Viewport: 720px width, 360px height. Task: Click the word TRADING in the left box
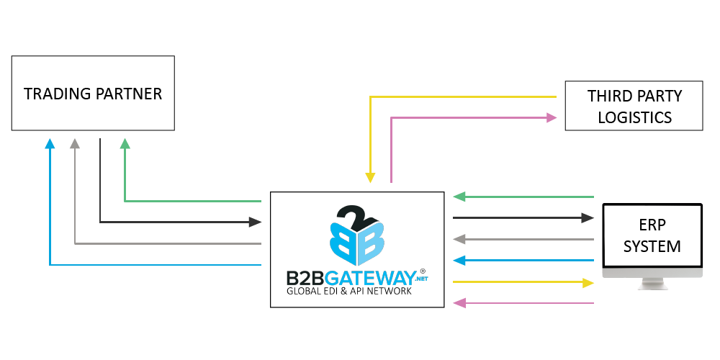[x=56, y=94]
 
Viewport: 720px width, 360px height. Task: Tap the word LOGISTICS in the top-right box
[x=634, y=117]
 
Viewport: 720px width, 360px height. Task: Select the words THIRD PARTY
[x=634, y=96]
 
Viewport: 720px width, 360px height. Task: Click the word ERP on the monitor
[x=652, y=225]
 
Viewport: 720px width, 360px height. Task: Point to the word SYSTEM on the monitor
[x=652, y=246]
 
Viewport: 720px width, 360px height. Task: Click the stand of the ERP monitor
[x=652, y=284]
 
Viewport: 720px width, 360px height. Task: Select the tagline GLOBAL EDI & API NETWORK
[x=349, y=292]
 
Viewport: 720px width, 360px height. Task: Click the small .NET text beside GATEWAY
[x=420, y=279]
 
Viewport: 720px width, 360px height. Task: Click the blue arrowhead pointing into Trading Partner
[x=50, y=143]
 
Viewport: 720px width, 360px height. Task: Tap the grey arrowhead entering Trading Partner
[x=75, y=143]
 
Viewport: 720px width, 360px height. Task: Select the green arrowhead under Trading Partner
[x=125, y=143]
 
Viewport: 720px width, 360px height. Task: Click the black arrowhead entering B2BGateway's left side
[x=255, y=222]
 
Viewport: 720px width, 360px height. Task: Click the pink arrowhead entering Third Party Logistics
[x=552, y=117]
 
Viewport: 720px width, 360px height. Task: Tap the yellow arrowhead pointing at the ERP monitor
[x=588, y=282]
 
